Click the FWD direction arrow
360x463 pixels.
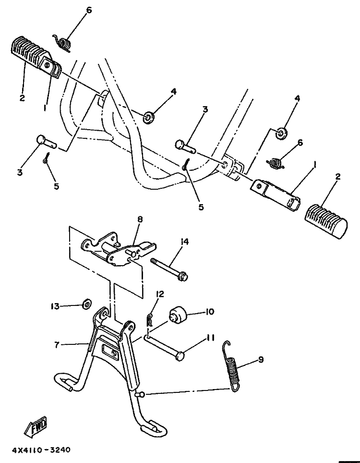(35, 426)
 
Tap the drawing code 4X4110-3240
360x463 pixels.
(41, 450)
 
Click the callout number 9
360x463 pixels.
(261, 360)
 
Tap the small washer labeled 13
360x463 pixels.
(87, 303)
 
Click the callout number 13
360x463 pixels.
(55, 306)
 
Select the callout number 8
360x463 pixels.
(140, 219)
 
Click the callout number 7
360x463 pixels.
(57, 344)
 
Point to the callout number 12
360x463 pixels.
(160, 294)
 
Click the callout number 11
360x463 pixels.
(210, 338)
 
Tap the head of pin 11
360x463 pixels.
(180, 356)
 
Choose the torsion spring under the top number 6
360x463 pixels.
(62, 43)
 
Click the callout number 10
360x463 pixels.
(210, 312)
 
